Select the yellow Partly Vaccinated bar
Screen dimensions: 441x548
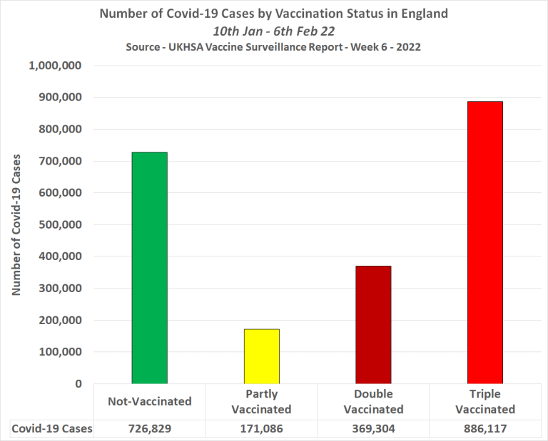261,356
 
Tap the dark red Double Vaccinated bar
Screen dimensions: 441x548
373,324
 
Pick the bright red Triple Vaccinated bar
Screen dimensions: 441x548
485,242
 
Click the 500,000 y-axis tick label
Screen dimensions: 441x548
61,224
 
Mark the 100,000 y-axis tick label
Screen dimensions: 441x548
61,352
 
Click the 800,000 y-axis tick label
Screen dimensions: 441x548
61,129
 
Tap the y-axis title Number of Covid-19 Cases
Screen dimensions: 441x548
18,224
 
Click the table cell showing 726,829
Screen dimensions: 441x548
150,429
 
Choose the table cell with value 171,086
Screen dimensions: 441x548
261,429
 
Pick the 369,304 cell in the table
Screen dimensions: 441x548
373,429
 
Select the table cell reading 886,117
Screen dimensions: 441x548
485,429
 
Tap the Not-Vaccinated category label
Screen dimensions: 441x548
150,401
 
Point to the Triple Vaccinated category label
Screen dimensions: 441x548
485,402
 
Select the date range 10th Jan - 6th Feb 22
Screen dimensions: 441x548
274,31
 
